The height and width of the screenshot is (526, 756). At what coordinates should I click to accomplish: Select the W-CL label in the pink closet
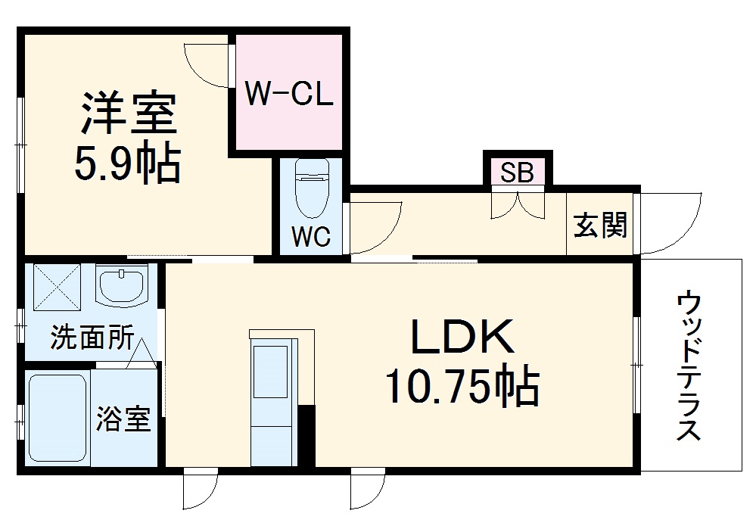click(289, 97)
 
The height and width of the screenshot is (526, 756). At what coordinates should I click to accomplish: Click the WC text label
click(311, 238)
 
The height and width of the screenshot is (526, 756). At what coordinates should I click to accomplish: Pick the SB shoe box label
click(518, 173)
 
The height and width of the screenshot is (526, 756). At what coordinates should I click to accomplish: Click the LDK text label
click(462, 338)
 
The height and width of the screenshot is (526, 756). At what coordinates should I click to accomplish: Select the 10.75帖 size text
click(462, 387)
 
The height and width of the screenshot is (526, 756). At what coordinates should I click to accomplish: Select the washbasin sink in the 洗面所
click(122, 285)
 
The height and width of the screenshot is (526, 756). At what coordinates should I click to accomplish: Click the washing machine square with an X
click(56, 285)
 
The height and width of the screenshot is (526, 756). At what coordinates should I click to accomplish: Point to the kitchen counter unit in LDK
click(271, 397)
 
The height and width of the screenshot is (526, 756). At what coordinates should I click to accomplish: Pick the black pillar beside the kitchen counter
click(306, 436)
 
